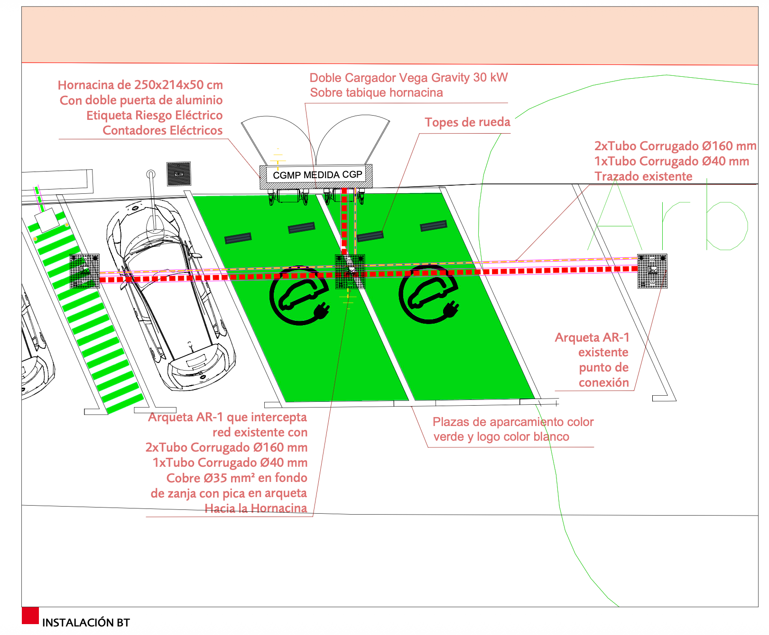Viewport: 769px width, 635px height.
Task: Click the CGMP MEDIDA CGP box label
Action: [x=317, y=175]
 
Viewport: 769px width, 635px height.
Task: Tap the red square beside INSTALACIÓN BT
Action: [x=30, y=616]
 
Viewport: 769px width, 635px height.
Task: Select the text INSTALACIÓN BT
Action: [x=86, y=623]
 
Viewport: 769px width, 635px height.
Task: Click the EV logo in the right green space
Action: [x=429, y=294]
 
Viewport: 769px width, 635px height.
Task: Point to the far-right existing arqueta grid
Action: [x=652, y=271]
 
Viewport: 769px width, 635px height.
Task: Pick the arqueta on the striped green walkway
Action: [x=85, y=271]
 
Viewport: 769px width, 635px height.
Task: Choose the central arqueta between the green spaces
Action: [x=350, y=272]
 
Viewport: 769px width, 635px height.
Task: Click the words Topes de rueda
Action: [x=467, y=122]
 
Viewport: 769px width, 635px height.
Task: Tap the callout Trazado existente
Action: [x=643, y=176]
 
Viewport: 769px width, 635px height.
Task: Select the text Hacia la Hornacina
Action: [x=256, y=508]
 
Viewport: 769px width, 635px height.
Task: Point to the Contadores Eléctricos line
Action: [x=162, y=130]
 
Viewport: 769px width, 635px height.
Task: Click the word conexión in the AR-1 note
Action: [x=603, y=382]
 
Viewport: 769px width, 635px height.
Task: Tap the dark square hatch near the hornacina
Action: [x=179, y=174]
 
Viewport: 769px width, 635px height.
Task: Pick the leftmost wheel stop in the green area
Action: [x=238, y=238]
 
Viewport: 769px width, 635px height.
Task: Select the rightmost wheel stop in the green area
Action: [x=433, y=226]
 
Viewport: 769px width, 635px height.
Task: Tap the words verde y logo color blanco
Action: [x=501, y=437]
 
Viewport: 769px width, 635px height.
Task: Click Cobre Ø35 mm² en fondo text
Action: [x=237, y=478]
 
